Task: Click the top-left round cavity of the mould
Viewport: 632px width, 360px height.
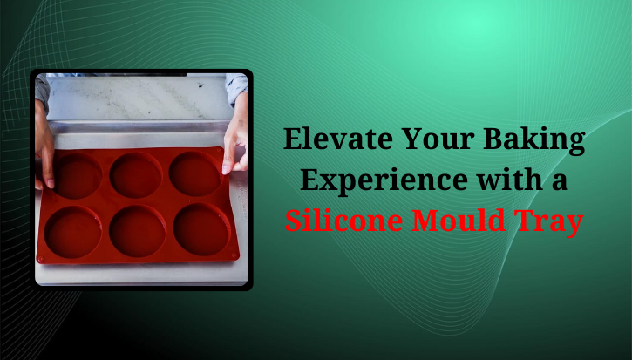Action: click(77, 177)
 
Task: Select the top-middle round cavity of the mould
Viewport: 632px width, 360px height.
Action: click(136, 175)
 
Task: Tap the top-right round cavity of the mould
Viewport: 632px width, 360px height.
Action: click(194, 173)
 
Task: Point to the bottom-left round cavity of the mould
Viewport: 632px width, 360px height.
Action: click(73, 233)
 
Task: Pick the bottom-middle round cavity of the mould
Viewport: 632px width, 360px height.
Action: click(138, 231)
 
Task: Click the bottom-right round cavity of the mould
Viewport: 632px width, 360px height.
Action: click(201, 229)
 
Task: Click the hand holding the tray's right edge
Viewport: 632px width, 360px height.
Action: click(234, 148)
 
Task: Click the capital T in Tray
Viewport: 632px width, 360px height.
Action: click(533, 221)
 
